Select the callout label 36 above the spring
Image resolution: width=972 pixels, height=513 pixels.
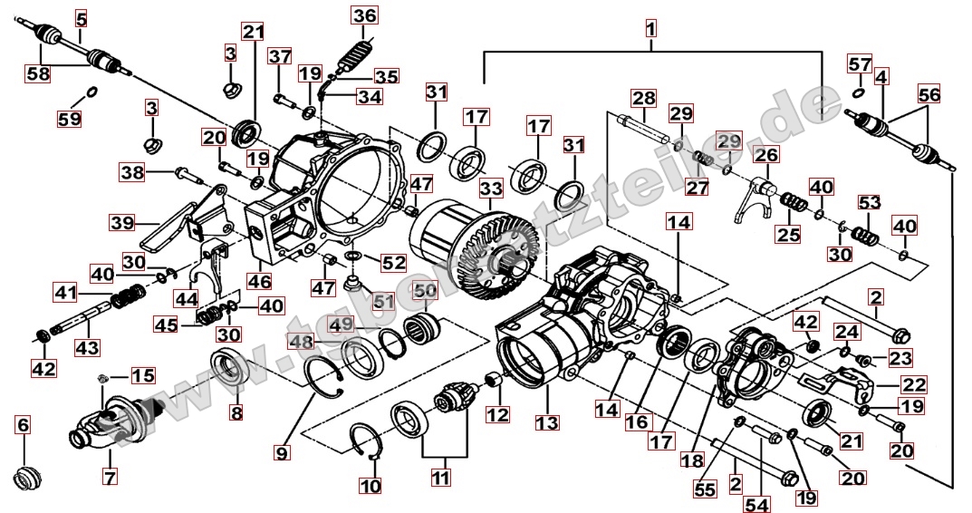pyautogui.click(x=364, y=15)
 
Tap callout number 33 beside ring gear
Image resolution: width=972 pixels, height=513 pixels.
pyautogui.click(x=491, y=189)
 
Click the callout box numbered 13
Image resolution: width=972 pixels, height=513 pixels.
pyautogui.click(x=547, y=422)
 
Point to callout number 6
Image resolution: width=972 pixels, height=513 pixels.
pyautogui.click(x=24, y=424)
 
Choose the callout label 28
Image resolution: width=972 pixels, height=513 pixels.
pyautogui.click(x=644, y=97)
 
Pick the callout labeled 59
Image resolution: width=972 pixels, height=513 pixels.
pyautogui.click(x=69, y=118)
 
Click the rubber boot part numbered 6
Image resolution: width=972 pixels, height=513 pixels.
pyautogui.click(x=27, y=477)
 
